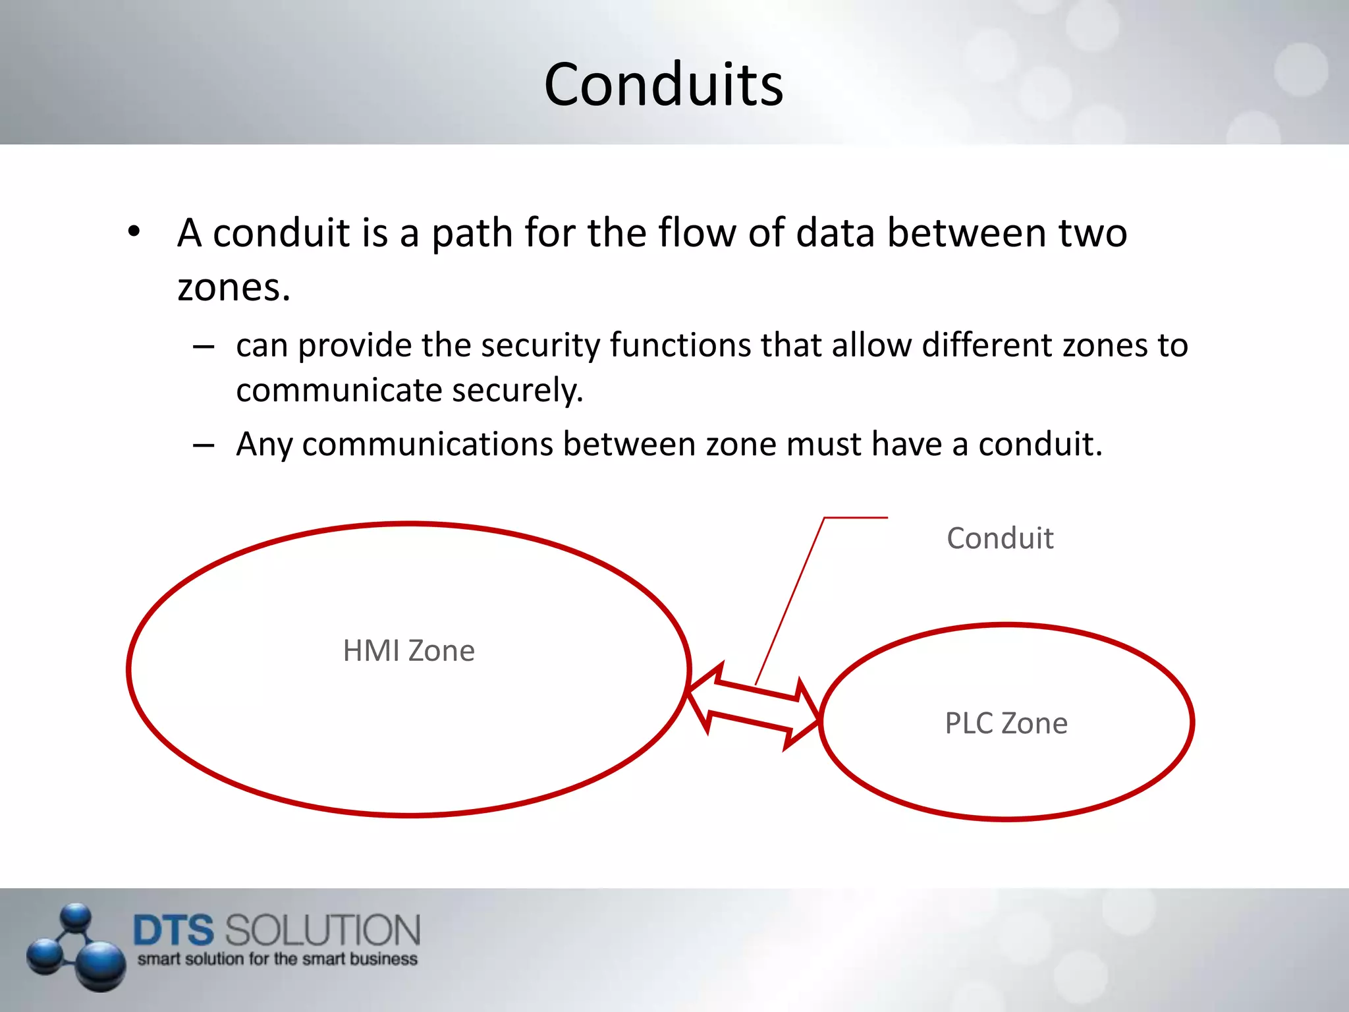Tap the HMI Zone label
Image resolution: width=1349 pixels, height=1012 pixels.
coord(408,651)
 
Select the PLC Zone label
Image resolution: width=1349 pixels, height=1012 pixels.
coord(1006,723)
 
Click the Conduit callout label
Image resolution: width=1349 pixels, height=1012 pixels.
coord(999,538)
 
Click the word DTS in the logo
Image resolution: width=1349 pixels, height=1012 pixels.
coord(173,930)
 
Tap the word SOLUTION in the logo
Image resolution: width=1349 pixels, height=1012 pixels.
coord(322,930)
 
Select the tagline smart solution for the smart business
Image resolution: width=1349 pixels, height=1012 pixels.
coord(277,959)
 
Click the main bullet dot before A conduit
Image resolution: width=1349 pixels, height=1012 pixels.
coord(134,232)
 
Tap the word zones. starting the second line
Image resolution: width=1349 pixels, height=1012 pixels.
coord(234,288)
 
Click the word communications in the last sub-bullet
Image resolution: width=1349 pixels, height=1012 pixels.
coord(427,444)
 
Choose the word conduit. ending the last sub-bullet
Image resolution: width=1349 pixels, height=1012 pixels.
coord(1040,444)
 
